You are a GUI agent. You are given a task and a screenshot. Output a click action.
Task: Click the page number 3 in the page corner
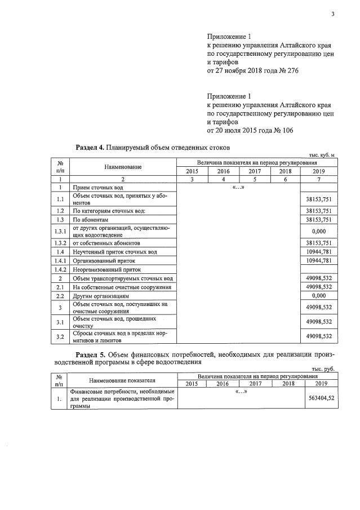[x=332, y=15]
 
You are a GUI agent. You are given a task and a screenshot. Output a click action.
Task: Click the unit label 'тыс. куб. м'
[x=323, y=155]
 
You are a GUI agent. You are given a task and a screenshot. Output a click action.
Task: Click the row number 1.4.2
[x=60, y=270]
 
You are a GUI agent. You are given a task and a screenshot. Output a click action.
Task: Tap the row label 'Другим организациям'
[x=101, y=295]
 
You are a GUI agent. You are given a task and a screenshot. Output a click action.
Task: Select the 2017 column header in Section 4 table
[x=255, y=171]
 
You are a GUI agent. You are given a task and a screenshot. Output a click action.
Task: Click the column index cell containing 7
[x=319, y=179]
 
